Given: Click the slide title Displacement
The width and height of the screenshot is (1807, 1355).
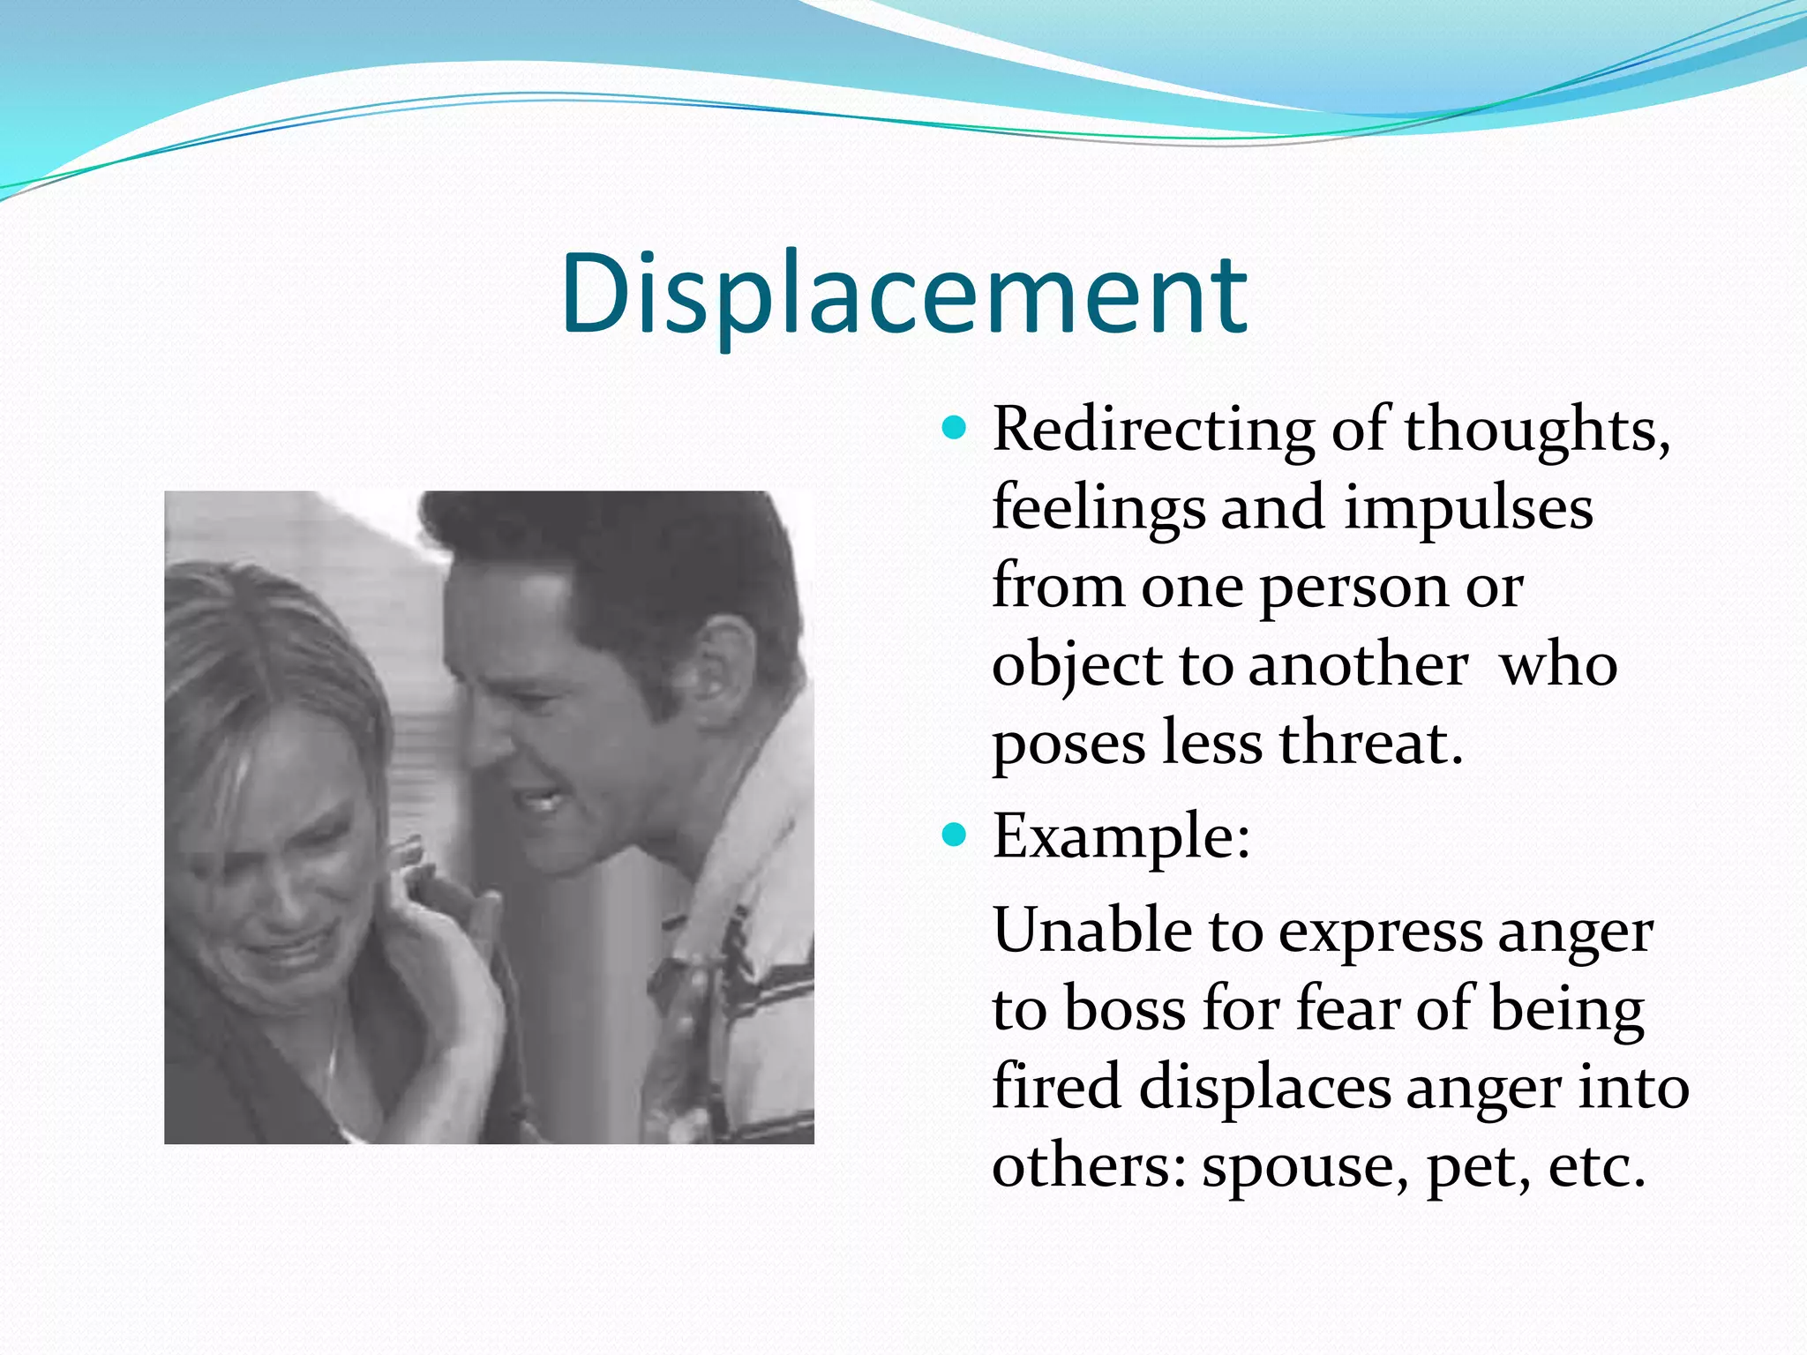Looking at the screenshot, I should [903, 295].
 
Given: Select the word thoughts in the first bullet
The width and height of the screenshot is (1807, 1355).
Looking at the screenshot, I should [1536, 430].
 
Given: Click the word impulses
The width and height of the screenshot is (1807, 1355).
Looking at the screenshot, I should [1468, 510].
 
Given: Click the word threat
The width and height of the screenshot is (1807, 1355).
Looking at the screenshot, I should [1370, 743].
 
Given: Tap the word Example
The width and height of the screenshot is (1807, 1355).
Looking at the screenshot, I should [1121, 836].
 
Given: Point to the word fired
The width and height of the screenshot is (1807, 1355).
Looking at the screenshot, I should [1057, 1086].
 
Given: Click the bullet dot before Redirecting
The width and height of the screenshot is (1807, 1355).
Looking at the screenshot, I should [954, 430].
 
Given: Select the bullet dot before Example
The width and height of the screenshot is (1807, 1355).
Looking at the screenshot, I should [954, 835].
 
